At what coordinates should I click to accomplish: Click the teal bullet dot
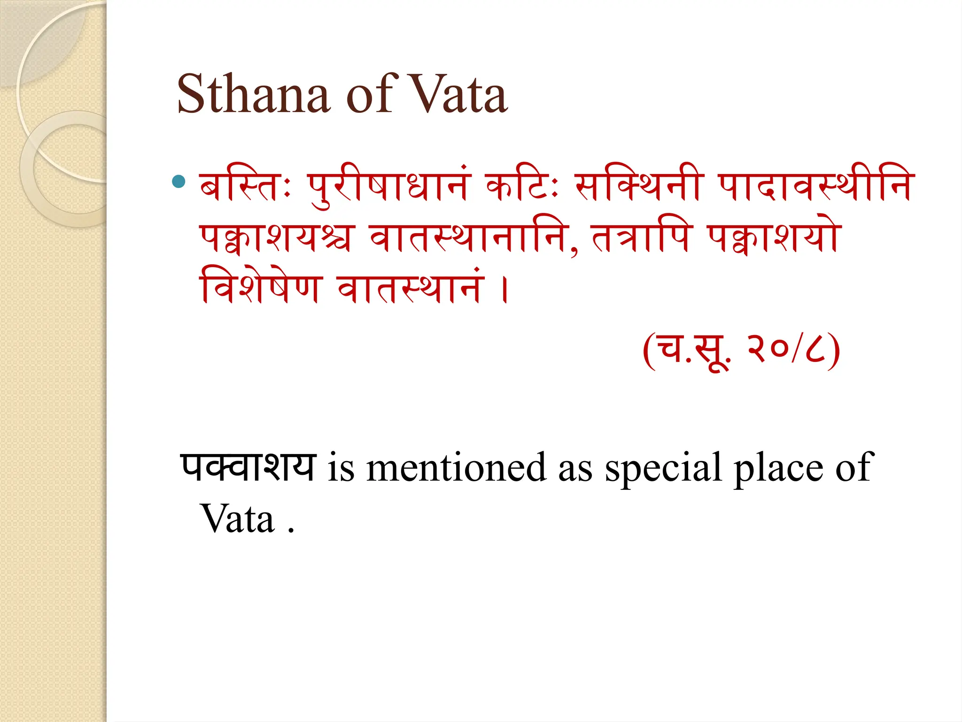[x=178, y=181]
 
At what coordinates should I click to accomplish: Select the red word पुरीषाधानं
[x=388, y=186]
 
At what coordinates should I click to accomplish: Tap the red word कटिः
[x=521, y=186]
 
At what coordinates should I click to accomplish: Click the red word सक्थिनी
[x=639, y=186]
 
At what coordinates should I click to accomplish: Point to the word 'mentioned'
[x=456, y=468]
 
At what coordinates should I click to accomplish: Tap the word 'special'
[x=663, y=468]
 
